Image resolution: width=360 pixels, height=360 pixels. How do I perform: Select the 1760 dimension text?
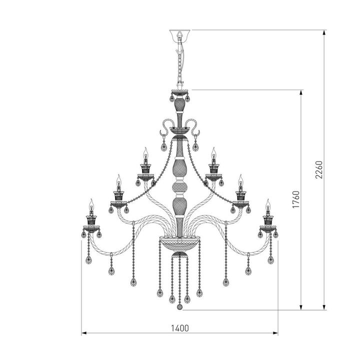click(x=295, y=199)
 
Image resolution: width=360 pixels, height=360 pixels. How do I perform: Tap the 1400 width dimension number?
click(x=179, y=328)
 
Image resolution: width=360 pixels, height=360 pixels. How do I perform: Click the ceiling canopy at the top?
click(x=179, y=35)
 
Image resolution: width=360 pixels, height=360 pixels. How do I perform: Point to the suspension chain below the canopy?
click(x=179, y=62)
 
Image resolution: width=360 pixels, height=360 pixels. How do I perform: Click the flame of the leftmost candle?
click(x=91, y=203)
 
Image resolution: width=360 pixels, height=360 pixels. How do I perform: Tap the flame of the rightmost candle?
click(x=268, y=203)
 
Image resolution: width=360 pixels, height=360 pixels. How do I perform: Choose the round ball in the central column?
click(x=179, y=188)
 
